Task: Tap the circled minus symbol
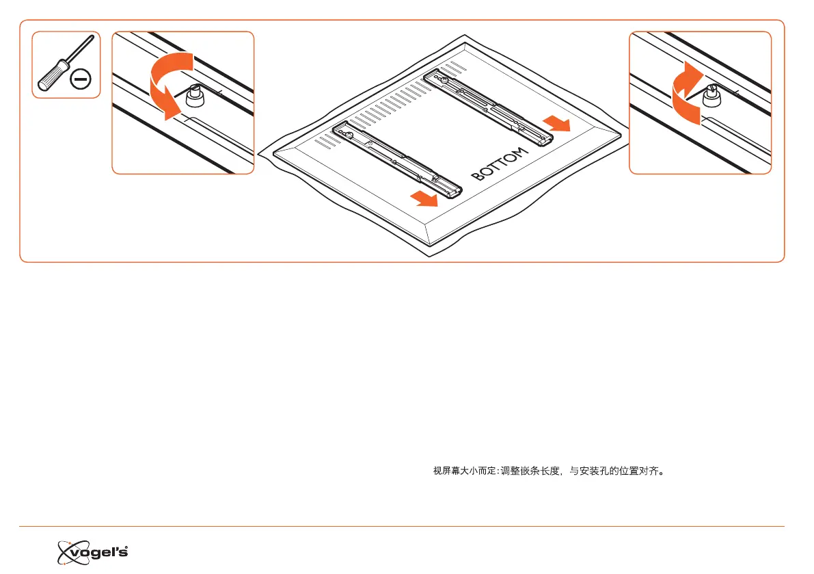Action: [x=81, y=81]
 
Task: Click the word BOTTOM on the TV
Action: [x=500, y=164]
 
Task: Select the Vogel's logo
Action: [x=93, y=551]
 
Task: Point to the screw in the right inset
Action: [x=713, y=98]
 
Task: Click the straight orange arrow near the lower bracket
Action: [x=424, y=199]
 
